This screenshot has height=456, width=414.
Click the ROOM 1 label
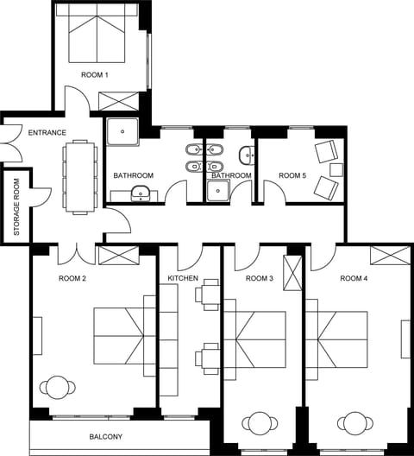(95, 75)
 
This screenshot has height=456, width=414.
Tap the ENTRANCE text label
(47, 132)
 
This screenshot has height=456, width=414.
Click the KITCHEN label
(183, 278)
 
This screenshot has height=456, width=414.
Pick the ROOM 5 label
(292, 175)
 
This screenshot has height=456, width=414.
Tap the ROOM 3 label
(259, 278)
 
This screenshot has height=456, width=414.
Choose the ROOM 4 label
(354, 278)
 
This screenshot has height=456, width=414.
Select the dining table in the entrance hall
(80, 176)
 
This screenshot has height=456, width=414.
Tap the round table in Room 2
(58, 386)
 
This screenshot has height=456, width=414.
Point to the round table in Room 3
(260, 424)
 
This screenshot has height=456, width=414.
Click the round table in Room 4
(354, 424)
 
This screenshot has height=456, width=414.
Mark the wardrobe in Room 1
(119, 99)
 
